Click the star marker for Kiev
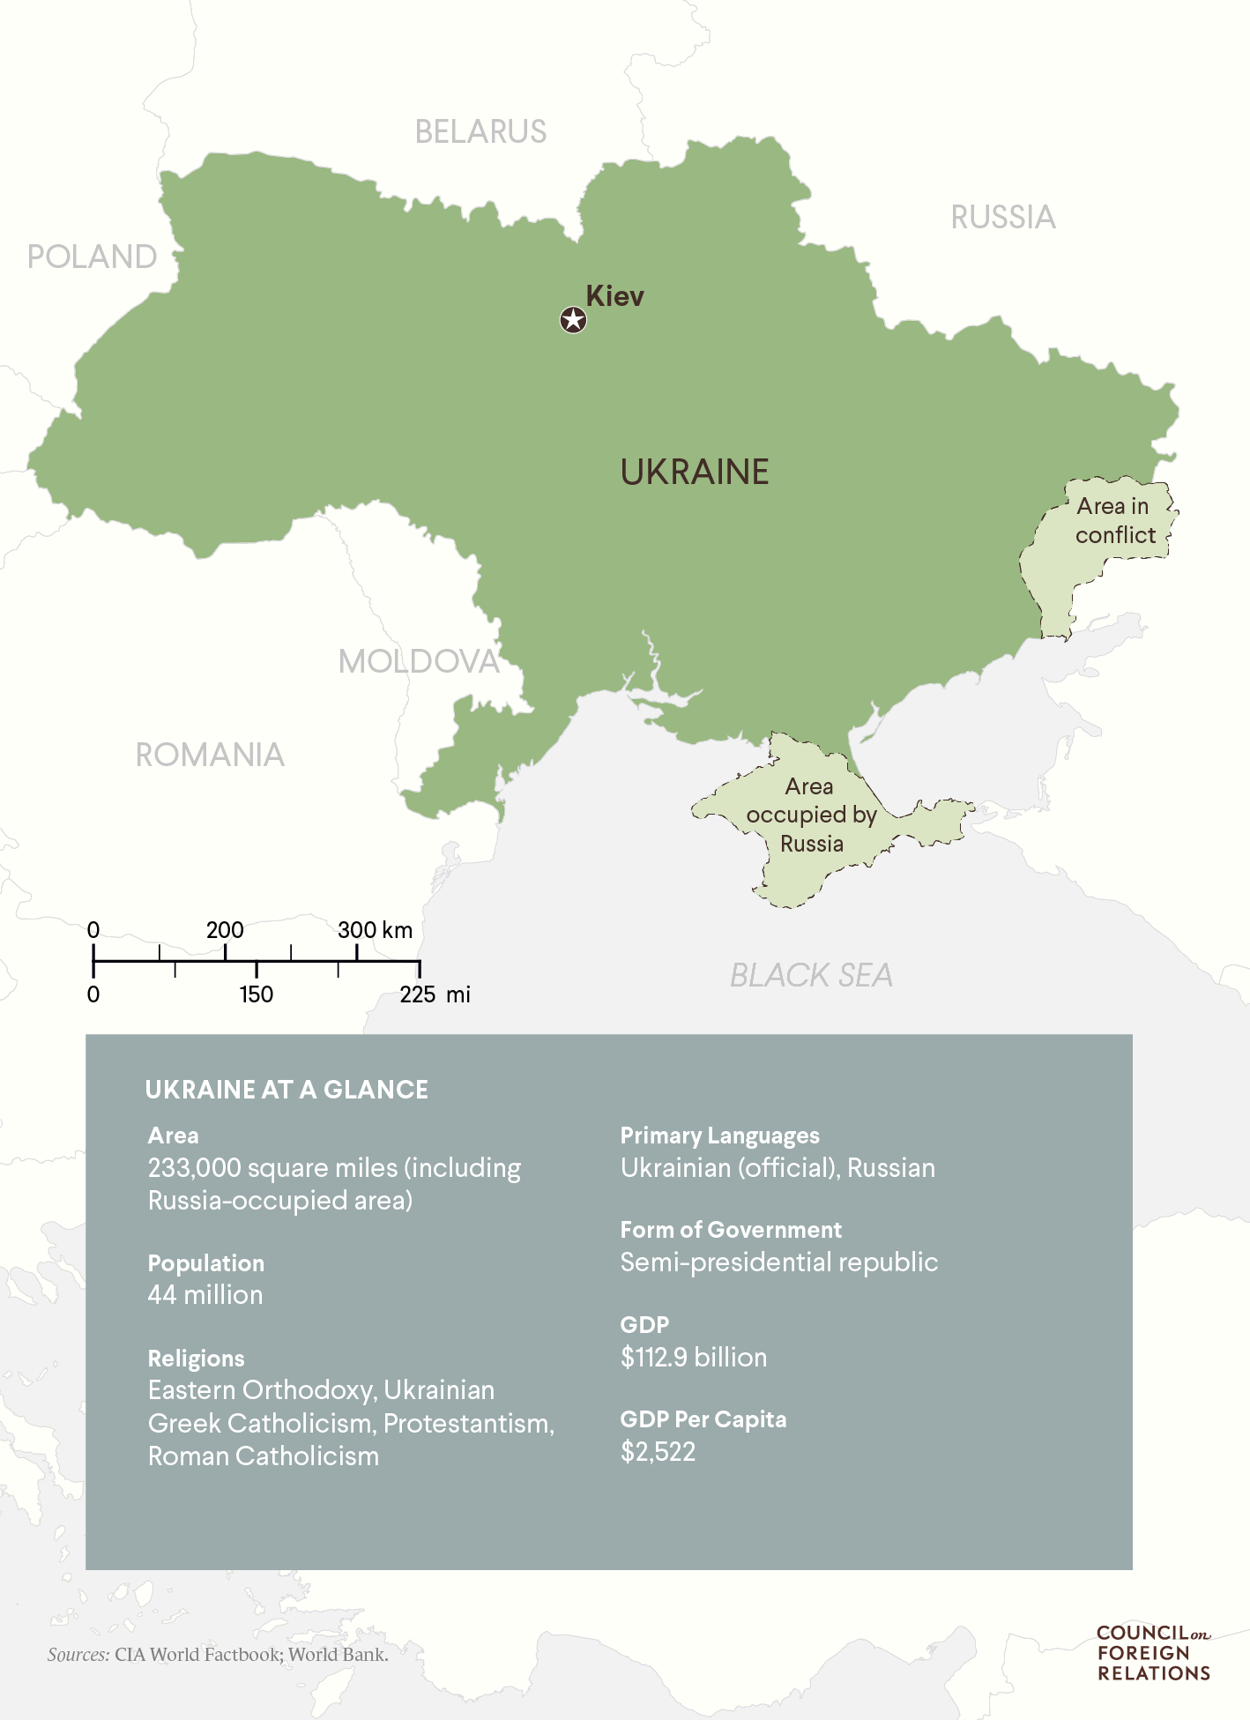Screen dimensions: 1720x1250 coord(573,320)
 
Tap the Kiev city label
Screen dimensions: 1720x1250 coord(614,296)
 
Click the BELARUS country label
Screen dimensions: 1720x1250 coord(480,132)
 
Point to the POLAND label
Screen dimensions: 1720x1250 coord(92,257)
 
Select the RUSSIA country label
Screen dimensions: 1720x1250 coord(1002,218)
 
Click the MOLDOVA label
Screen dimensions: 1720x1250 coord(419,661)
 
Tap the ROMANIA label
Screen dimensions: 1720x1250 coord(210,756)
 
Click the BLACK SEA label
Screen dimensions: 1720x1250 coord(810,976)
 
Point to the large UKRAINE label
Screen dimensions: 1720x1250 coord(695,473)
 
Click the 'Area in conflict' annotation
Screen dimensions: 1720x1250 coord(1114,520)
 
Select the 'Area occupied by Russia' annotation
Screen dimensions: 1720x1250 coord(810,815)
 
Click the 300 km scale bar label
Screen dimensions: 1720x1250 coord(375,930)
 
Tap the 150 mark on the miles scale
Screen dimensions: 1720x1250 coord(257,994)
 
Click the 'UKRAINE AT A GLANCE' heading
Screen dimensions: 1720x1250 coord(286,1090)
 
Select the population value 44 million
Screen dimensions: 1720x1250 coord(205,1295)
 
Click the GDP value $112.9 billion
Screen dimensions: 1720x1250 coord(693,1357)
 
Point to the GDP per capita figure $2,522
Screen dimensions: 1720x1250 coord(658,1452)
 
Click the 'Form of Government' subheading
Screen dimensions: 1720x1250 coord(731,1230)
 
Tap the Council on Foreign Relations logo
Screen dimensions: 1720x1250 coord(1153,1654)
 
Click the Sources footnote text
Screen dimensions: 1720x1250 coord(218,1655)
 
